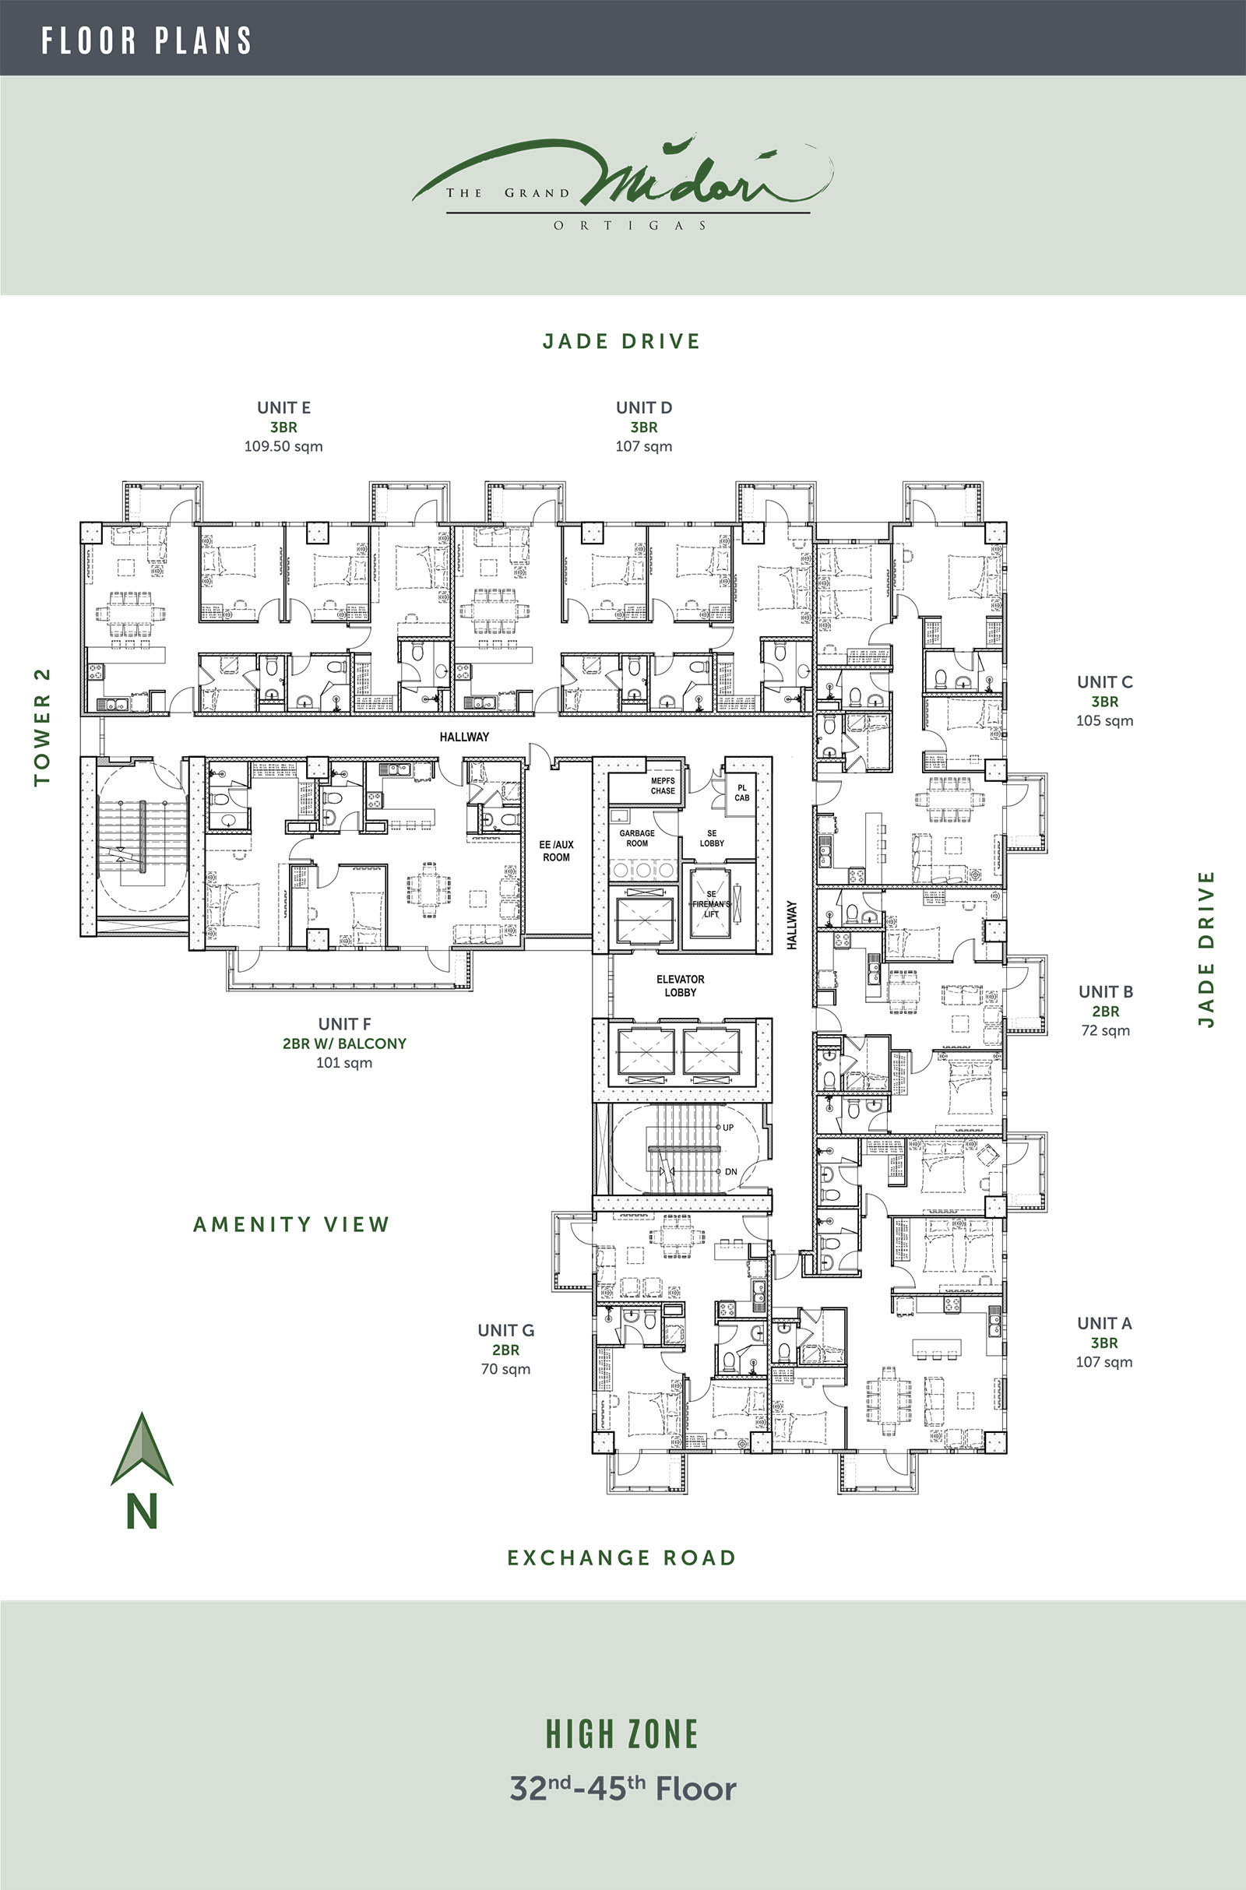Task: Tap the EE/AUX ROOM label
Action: coord(556,851)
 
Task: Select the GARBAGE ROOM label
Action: coord(637,838)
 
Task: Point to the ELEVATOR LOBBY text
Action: coord(680,986)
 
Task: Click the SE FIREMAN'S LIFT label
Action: coord(711,904)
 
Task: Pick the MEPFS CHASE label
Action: coord(663,786)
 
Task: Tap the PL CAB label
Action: coord(742,793)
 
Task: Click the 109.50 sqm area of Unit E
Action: coord(283,446)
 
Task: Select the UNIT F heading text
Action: coord(344,1024)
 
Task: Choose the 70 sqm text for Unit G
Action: coord(505,1369)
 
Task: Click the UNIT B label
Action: coord(1105,991)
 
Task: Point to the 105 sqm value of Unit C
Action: coord(1104,720)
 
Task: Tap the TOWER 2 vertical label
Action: coord(42,727)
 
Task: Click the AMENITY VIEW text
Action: coord(291,1224)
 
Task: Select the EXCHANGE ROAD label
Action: coord(621,1558)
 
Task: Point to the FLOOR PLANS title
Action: coord(146,40)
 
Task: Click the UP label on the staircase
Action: coord(728,1128)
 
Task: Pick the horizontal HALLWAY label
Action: coord(464,737)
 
